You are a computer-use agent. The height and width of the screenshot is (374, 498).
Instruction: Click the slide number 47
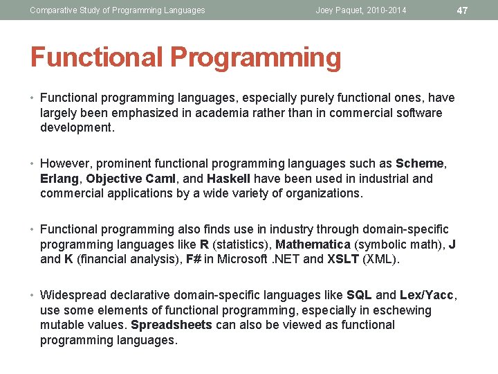463,10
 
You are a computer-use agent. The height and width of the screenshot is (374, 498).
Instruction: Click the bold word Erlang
59,179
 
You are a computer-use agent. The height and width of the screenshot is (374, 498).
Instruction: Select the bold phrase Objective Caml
129,179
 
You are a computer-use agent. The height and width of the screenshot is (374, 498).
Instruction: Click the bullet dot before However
33,164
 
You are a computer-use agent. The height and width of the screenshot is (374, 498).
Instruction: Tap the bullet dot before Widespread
33,296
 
